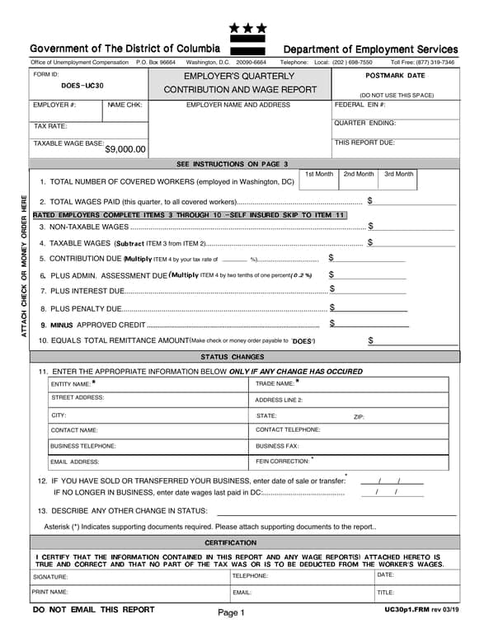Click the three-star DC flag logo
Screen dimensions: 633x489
pyautogui.click(x=247, y=33)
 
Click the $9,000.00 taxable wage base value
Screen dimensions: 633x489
pyautogui.click(x=125, y=149)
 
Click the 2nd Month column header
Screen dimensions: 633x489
pyautogui.click(x=359, y=174)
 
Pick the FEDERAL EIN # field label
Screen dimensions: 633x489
pyautogui.click(x=360, y=105)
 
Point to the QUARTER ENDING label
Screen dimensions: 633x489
pyautogui.click(x=364, y=123)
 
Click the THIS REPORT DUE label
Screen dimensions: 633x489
pyautogui.click(x=364, y=142)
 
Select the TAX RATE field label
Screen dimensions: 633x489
pyautogui.click(x=50, y=126)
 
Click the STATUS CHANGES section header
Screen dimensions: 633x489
pyautogui.click(x=233, y=357)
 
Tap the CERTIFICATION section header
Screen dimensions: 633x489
pyautogui.click(x=231, y=542)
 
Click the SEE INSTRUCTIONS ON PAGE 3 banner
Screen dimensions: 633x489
pyautogui.click(x=233, y=163)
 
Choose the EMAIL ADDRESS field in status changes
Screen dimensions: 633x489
pyautogui.click(x=74, y=462)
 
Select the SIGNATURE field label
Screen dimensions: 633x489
pyautogui.click(x=50, y=577)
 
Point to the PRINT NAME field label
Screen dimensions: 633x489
pyautogui.click(x=51, y=592)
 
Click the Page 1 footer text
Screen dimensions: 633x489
pyautogui.click(x=232, y=612)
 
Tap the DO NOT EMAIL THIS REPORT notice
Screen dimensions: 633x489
pyautogui.click(x=93, y=610)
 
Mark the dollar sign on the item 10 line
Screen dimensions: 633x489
pyautogui.click(x=371, y=340)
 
